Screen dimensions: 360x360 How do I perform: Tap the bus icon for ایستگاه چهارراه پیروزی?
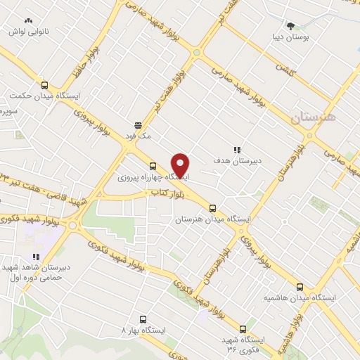(x=153, y=166)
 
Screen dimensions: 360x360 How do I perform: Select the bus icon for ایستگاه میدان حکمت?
(x=44, y=84)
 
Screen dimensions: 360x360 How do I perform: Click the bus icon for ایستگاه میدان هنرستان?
(x=212, y=208)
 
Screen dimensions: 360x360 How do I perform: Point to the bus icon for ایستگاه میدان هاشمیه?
(x=301, y=287)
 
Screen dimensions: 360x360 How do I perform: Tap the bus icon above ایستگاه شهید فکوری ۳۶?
(x=243, y=328)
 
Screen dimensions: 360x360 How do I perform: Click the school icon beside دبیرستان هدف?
(x=237, y=150)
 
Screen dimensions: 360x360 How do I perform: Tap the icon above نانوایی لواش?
(x=27, y=22)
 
